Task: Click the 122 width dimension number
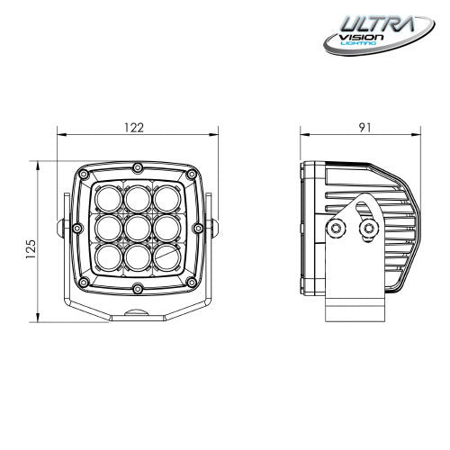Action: (134, 127)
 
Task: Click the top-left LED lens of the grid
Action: (108, 197)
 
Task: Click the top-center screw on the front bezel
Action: (136, 169)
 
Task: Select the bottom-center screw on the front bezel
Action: (136, 289)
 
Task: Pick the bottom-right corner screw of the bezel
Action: (189, 284)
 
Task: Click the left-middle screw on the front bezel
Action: (77, 227)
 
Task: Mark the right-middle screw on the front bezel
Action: (195, 227)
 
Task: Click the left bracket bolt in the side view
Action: (337, 230)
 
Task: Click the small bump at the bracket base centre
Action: (136, 311)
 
